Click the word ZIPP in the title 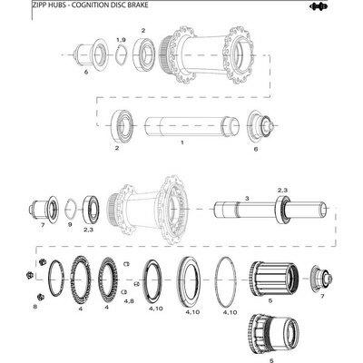[x=38, y=5]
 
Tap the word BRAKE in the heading [x=139, y=5]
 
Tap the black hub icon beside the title [x=317, y=6]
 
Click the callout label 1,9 [x=122, y=40]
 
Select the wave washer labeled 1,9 [x=121, y=54]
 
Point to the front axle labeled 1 [x=191, y=126]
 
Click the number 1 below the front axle [x=182, y=142]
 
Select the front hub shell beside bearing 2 [x=206, y=55]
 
